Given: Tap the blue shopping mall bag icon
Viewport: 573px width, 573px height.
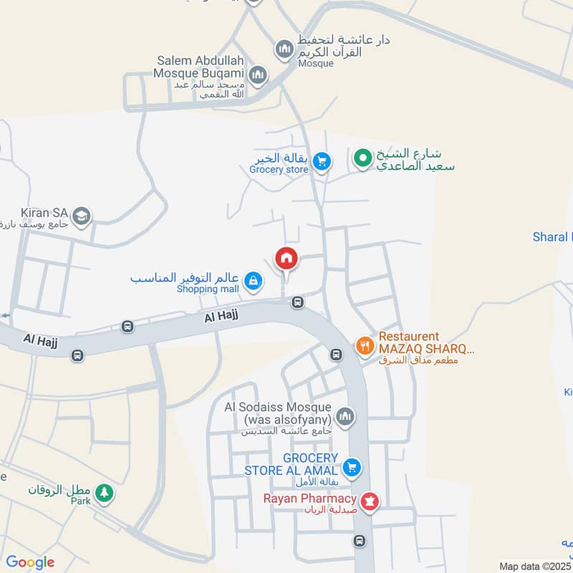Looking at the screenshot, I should pyautogui.click(x=252, y=281).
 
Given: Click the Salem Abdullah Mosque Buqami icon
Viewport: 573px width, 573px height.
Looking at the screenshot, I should pyautogui.click(x=259, y=74).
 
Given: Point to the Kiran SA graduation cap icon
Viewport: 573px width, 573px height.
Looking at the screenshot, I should pyautogui.click(x=82, y=216).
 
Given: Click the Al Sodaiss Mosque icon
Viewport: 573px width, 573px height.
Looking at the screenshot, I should pyautogui.click(x=345, y=416).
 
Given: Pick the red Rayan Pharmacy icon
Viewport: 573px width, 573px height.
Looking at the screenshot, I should pyautogui.click(x=370, y=502).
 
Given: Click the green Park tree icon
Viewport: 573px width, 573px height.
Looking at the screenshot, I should pyautogui.click(x=105, y=492).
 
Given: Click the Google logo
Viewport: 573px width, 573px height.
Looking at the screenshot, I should pyautogui.click(x=30, y=562).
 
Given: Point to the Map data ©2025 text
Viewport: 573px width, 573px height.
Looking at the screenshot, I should pyautogui.click(x=534, y=566).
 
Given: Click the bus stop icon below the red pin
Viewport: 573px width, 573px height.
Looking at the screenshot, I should pyautogui.click(x=298, y=302).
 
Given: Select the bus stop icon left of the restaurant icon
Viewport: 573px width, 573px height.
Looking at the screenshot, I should pyautogui.click(x=336, y=354).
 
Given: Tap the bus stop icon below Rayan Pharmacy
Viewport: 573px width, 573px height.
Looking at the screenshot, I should pyautogui.click(x=360, y=541).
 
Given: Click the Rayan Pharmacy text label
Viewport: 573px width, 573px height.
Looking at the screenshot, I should pyautogui.click(x=309, y=499).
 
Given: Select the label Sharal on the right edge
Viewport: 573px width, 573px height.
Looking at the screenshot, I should pyautogui.click(x=552, y=237).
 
